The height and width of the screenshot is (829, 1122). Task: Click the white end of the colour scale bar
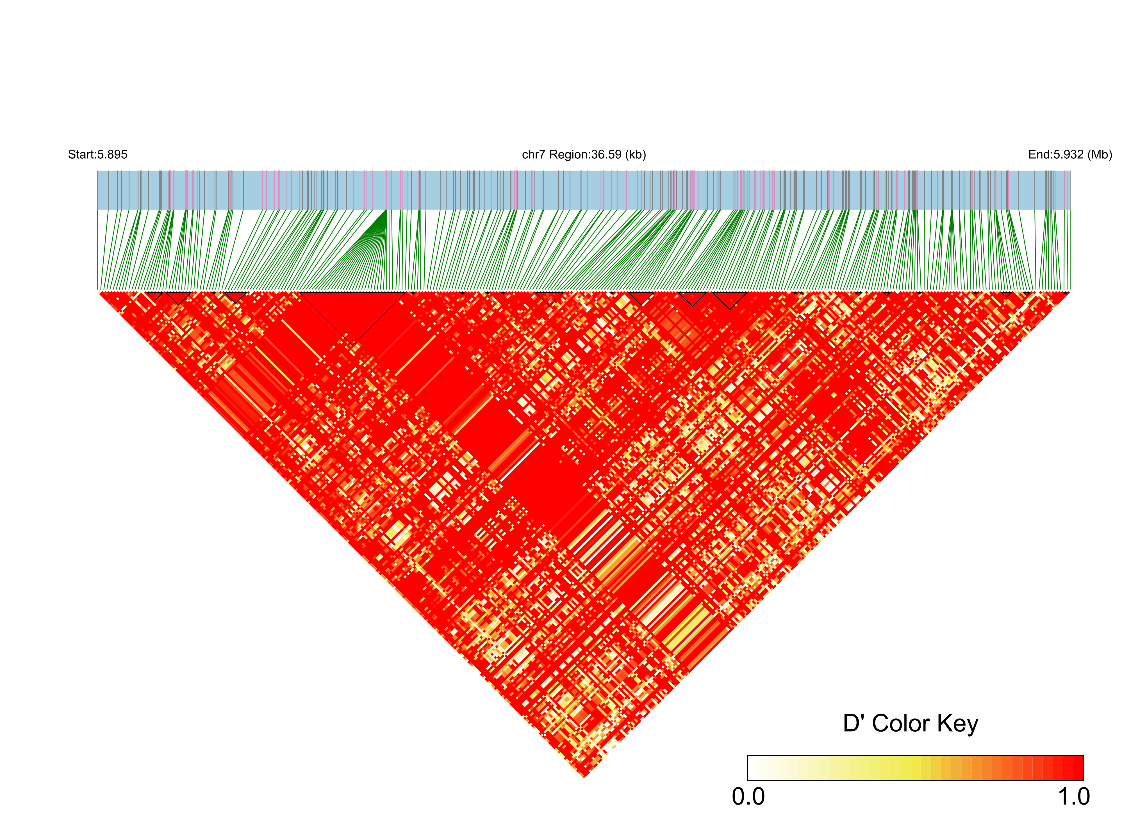[752, 768]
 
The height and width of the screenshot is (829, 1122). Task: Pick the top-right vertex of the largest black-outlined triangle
[405, 292]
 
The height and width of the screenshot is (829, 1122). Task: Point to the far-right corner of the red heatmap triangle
[1069, 292]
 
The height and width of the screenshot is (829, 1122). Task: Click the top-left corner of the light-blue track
[98, 171]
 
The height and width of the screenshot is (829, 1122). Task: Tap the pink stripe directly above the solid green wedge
[386, 190]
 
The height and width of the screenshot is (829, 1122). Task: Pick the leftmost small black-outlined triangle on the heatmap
[155, 295]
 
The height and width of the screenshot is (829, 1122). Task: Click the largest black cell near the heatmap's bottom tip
[607, 748]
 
